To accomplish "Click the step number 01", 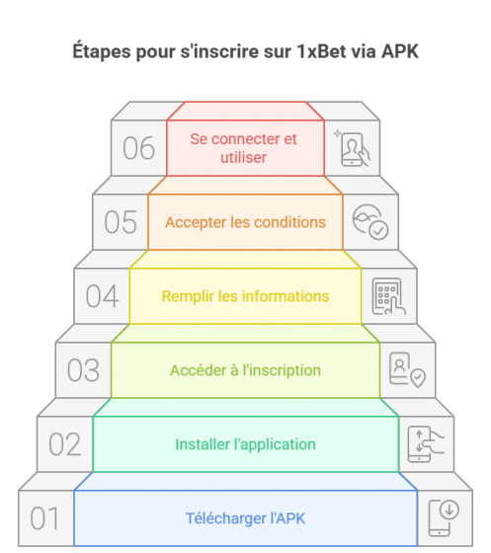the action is (44, 518).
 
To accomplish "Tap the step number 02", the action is (65, 444).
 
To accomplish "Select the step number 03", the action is (83, 370).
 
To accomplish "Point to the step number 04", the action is (103, 296).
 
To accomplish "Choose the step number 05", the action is (121, 222).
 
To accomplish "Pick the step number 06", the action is (138, 148).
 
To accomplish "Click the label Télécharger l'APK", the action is (245, 518).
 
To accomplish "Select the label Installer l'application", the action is (245, 444).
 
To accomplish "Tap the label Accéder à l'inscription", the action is (245, 370).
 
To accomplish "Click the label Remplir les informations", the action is (245, 296).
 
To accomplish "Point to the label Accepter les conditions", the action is (245, 222).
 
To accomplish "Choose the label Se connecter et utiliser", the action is (243, 148).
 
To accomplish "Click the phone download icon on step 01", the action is (444, 517).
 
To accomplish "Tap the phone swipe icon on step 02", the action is (426, 444).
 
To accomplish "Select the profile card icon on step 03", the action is (407, 370).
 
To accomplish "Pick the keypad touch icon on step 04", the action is (388, 296).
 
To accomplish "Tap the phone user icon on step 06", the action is (353, 148).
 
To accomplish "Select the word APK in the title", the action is (400, 51).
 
